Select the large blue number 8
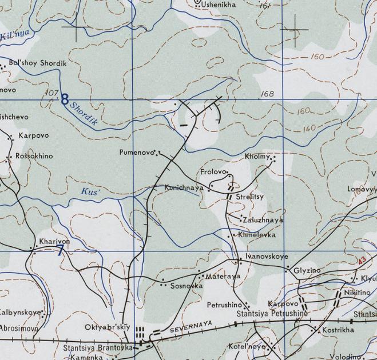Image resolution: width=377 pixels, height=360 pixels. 65,99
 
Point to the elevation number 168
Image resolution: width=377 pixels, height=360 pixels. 267,94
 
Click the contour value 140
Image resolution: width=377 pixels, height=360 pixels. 309,129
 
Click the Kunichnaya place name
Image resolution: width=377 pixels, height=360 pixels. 184,187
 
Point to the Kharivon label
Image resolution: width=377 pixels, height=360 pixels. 54,242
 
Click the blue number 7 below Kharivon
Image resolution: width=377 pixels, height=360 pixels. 61,250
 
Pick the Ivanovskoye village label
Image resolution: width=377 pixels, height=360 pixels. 267,257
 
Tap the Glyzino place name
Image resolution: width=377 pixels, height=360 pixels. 307,270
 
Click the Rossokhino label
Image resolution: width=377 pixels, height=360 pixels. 34,156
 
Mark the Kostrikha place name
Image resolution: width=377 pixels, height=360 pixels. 338,330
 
